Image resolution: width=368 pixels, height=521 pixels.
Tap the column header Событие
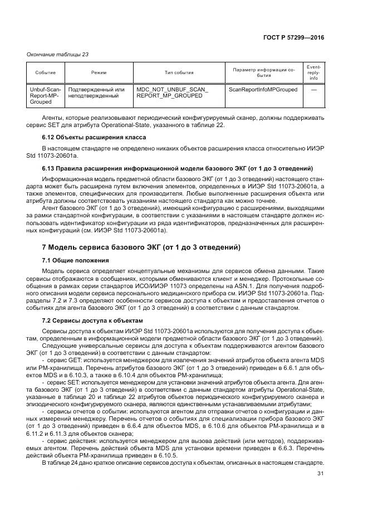[x=45, y=73]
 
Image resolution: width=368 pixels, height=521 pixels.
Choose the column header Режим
[x=99, y=73]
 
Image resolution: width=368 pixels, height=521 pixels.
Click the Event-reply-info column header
[x=313, y=73]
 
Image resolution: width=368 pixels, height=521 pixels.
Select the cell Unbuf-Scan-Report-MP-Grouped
[x=45, y=96]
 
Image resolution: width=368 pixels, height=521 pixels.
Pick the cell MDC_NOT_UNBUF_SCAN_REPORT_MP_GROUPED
[x=172, y=92]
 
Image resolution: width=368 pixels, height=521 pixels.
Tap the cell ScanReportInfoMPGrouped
[x=263, y=89]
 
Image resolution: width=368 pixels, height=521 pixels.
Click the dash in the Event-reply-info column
[x=313, y=89]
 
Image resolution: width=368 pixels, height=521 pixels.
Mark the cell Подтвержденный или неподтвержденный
[x=96, y=92]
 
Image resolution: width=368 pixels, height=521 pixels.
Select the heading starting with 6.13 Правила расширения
[x=177, y=168]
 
